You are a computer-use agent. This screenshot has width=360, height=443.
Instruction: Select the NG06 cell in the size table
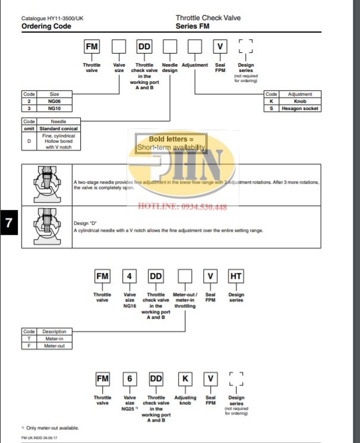pos(54,102)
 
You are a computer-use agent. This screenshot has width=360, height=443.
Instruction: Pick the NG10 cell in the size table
pos(54,109)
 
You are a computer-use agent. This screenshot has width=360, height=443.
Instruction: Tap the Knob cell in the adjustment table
pos(300,102)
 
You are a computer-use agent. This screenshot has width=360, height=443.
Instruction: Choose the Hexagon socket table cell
pos(300,109)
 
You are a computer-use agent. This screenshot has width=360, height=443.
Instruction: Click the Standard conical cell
pos(58,128)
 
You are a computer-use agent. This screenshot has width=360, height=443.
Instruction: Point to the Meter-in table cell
pos(54,338)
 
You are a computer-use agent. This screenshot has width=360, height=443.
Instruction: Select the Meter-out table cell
pos(54,345)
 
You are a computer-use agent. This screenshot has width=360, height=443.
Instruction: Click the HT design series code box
pos(236,277)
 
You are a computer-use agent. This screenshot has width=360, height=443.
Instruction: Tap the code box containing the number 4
pos(129,277)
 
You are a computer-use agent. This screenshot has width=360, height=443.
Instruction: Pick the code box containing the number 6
pos(129,379)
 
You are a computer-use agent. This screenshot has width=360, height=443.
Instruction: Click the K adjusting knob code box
pos(185,379)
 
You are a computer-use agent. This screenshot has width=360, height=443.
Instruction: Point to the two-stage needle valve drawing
pos(46,184)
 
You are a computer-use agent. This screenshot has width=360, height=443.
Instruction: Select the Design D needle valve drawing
pos(46,226)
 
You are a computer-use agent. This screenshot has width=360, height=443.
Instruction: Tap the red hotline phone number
pos(182,207)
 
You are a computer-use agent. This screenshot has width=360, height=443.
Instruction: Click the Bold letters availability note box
pos(171,143)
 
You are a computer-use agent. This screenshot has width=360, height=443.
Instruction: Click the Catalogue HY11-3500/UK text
pos(52,18)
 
